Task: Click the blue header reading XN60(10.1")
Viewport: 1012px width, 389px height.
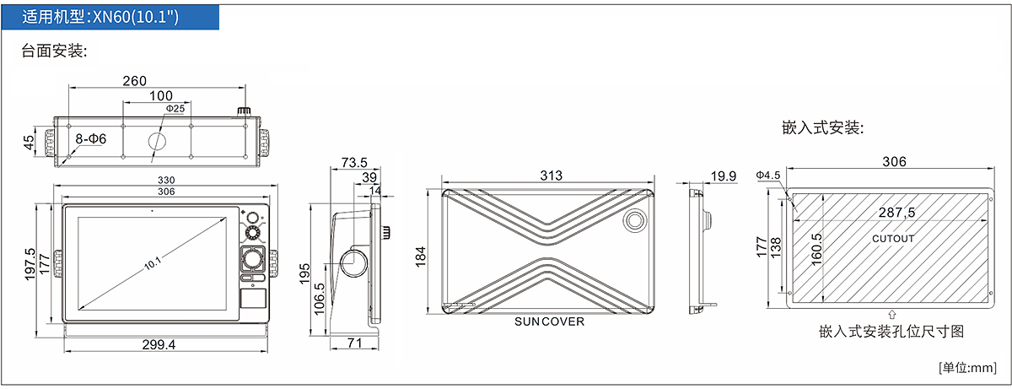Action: tap(110, 17)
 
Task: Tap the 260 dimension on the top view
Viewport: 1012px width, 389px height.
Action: tap(135, 81)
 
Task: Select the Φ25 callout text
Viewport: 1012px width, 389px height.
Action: tap(175, 109)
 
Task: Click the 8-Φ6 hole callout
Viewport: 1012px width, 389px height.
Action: tap(91, 138)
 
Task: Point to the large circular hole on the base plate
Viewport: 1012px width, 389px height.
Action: tap(157, 141)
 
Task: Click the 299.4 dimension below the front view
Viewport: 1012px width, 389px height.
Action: tap(159, 345)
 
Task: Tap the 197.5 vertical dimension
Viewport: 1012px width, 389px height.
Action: tap(30, 264)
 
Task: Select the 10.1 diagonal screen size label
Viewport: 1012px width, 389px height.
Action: tap(153, 263)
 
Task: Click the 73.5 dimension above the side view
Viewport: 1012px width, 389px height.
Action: tap(354, 162)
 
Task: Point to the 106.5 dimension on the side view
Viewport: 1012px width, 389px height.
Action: tap(319, 299)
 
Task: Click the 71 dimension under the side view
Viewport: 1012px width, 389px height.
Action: tap(355, 343)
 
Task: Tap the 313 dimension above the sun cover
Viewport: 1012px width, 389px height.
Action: tap(552, 176)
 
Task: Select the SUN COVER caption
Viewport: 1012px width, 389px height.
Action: tap(549, 321)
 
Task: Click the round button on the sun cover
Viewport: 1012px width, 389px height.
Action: tap(635, 220)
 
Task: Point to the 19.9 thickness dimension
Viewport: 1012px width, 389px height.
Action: tap(724, 176)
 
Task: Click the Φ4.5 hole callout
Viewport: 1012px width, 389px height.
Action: tap(768, 175)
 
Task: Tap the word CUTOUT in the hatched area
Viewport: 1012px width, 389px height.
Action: tap(893, 239)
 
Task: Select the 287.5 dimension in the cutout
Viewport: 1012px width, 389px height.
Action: tap(896, 213)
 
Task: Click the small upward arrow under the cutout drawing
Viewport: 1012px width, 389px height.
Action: tap(892, 315)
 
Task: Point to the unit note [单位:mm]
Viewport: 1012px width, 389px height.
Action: tap(967, 368)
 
